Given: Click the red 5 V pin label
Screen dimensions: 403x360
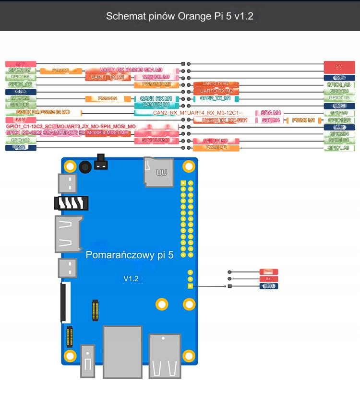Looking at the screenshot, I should click(339, 67).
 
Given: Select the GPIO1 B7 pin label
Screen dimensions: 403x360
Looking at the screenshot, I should click(20, 70).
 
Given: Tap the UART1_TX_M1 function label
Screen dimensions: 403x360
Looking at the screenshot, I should click(108, 77).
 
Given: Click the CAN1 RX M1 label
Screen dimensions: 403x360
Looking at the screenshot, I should click(156, 98).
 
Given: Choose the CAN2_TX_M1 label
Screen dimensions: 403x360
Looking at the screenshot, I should click(216, 98).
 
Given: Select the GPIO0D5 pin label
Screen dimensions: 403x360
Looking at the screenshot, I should click(339, 98).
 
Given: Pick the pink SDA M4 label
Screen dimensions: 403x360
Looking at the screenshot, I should click(271, 113).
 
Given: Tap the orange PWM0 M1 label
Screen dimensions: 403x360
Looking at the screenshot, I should click(303, 120).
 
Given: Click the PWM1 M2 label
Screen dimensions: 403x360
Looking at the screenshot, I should click(216, 148).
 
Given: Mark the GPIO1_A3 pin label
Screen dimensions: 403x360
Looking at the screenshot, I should click(339, 148).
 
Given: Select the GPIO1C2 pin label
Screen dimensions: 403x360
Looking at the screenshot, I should click(20, 140).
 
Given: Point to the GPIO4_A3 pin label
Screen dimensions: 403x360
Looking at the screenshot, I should click(339, 84).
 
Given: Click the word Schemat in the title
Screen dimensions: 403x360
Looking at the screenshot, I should click(124, 16).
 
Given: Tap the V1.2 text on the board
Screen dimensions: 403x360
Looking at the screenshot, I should click(131, 278).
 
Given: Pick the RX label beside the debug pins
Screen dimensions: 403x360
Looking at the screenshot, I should click(268, 279).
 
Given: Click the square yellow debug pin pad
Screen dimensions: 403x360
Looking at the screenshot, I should click(190, 286).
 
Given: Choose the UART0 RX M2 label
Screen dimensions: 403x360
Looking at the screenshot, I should click(216, 91).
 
